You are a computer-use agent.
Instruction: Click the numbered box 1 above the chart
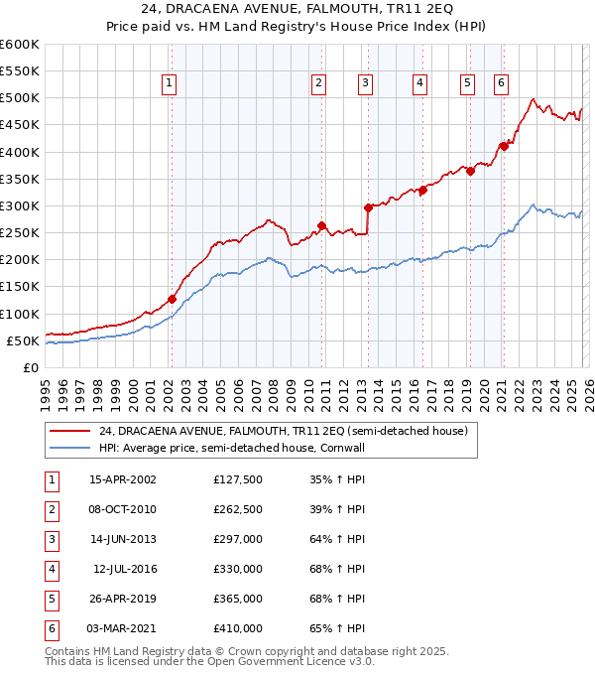coord(171,83)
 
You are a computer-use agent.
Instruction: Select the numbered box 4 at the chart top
coord(420,83)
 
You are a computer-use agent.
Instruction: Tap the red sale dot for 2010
coord(321,225)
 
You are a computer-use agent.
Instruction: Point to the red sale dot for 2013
coord(368,207)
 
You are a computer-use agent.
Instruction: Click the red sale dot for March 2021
coord(503,146)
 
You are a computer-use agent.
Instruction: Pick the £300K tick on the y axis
coord(19,205)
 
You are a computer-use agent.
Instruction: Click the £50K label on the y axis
coord(22,340)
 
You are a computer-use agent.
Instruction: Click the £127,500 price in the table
coord(238,479)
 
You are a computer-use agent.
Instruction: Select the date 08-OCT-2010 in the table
coord(122,509)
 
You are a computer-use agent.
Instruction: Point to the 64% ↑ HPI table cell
coord(337,539)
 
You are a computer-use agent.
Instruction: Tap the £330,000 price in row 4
coord(238,569)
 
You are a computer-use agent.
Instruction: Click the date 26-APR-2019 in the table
coord(122,599)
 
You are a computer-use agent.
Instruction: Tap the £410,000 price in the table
coord(238,628)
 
